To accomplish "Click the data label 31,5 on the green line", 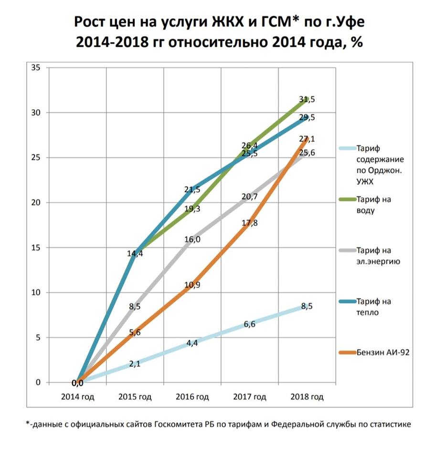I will point(307,100).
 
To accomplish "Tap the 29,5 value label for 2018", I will point(307,117).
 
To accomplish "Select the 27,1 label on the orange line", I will point(307,139).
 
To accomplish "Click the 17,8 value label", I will point(250,223).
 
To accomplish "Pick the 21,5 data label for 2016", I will point(192,190).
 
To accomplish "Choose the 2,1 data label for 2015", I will point(134,364).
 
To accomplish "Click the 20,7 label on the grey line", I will point(250,196).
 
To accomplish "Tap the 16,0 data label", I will point(192,239).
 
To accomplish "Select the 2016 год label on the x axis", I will point(192,396).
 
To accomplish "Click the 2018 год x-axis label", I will point(307,396).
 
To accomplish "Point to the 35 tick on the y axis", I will point(36,68).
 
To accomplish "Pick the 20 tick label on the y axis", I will point(36,203).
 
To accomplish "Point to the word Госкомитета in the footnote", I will point(178,424).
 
